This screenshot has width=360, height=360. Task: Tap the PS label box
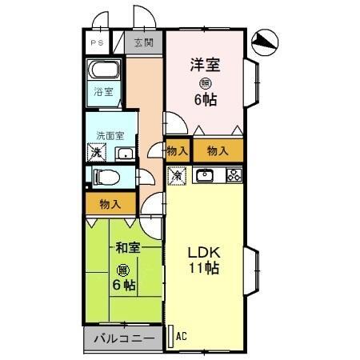[x=97, y=43]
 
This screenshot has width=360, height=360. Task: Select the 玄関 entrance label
[x=144, y=43]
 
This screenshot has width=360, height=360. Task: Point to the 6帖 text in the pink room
[x=206, y=101]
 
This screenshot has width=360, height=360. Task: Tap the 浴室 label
[x=103, y=92]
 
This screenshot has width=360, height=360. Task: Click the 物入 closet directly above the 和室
[x=110, y=204]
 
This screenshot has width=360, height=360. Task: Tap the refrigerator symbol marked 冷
[x=177, y=174]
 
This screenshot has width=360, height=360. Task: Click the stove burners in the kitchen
[x=234, y=175]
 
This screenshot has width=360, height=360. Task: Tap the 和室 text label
[x=127, y=248]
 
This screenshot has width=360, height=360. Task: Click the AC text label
[x=181, y=336]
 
